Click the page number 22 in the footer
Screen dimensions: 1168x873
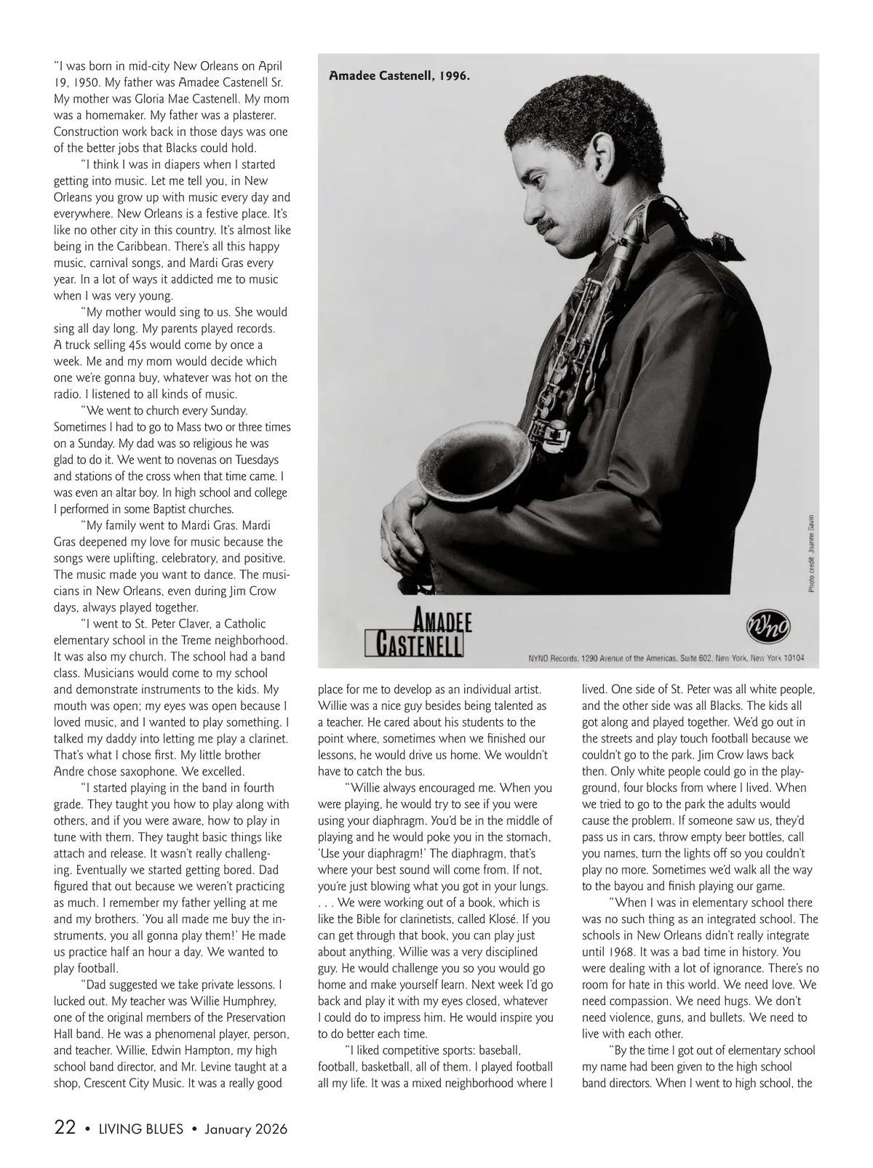[x=65, y=1128]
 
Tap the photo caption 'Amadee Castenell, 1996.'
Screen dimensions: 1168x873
[x=399, y=75]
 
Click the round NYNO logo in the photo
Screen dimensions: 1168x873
[x=769, y=627]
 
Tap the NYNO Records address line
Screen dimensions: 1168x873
[x=666, y=657]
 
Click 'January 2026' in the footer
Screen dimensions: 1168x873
[x=246, y=1129]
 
